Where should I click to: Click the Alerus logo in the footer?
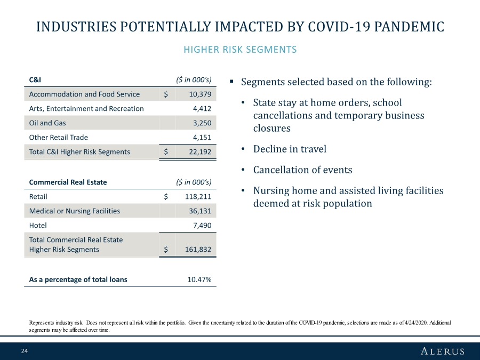pos(442,351)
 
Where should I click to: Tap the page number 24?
pos(25,351)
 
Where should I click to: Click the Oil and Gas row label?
pos(47,123)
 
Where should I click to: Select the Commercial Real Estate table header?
pos(68,182)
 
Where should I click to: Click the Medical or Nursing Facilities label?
pos(75,211)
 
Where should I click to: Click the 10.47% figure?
pos(199,279)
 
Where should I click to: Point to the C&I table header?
pos(35,80)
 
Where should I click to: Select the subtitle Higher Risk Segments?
pos(240,50)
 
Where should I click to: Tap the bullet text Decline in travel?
pos(290,149)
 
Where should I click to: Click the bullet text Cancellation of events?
pos(302,170)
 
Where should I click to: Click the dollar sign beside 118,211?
pos(166,196)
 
